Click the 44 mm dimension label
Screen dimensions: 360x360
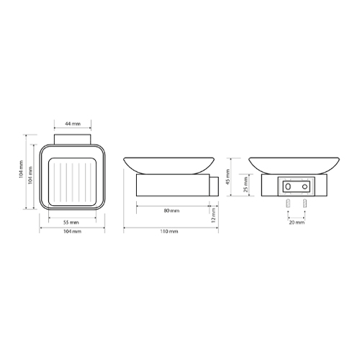tap(73, 124)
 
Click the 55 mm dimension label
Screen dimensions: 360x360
tap(71, 222)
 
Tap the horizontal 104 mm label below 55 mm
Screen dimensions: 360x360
tap(72, 232)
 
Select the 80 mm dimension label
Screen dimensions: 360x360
tap(171, 211)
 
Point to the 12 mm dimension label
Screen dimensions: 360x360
tap(214, 215)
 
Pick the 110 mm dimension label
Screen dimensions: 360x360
tap(169, 232)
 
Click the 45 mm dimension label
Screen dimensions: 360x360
tap(228, 177)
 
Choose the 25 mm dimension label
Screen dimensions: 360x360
tap(246, 184)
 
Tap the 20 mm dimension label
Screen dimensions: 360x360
tap(297, 222)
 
